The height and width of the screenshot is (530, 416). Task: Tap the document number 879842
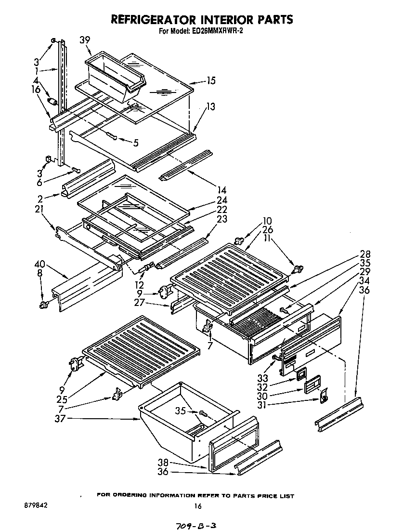click(35, 505)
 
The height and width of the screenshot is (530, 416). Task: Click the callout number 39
click(85, 40)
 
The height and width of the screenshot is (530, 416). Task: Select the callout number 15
click(210, 81)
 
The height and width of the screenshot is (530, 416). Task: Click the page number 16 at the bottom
click(197, 506)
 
